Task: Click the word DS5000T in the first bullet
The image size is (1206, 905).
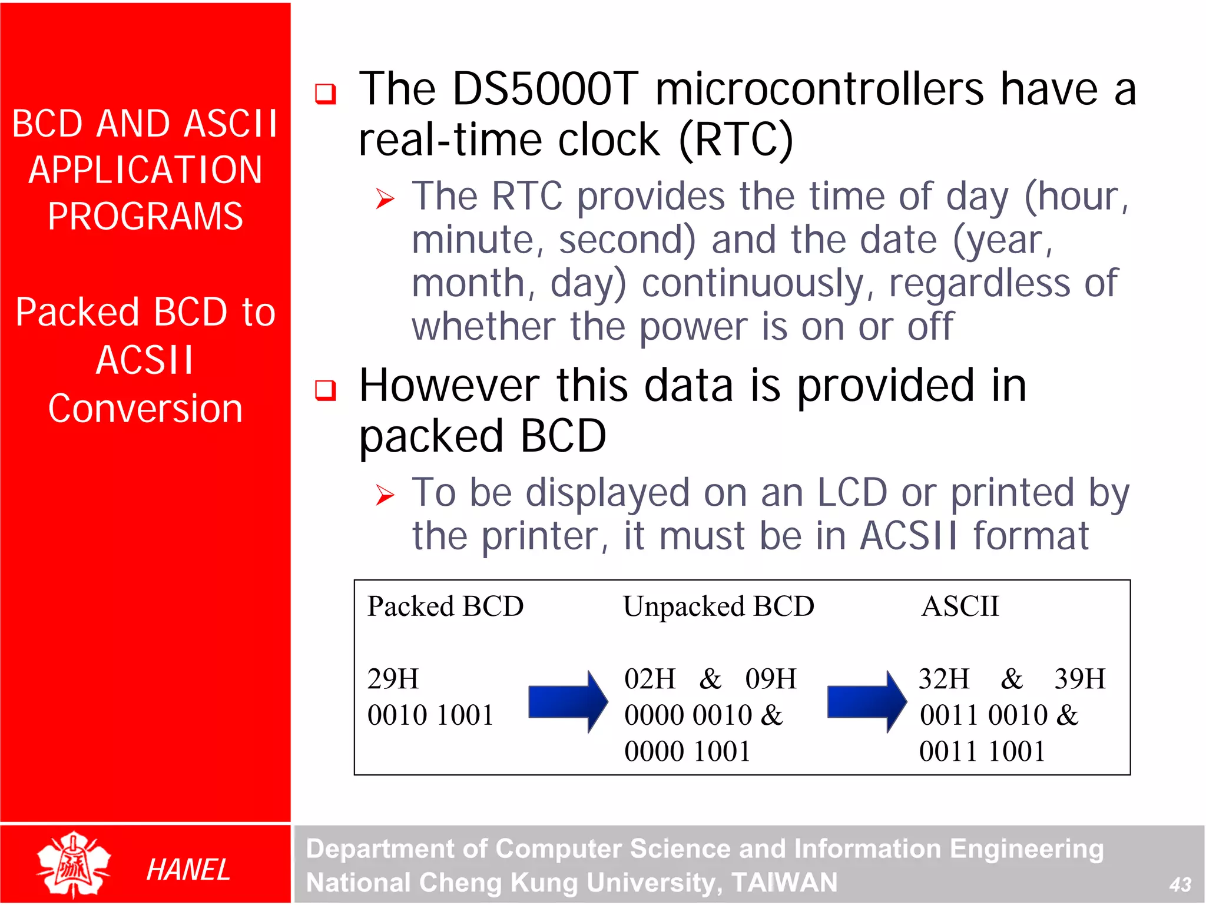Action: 545,89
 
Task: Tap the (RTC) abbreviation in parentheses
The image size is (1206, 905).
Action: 735,140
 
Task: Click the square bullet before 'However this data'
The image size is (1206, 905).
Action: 325,390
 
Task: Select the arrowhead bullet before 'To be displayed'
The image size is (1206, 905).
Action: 385,495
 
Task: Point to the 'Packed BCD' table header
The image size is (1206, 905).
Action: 445,606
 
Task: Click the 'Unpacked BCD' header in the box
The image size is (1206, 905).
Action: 718,606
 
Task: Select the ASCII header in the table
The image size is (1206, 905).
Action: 960,606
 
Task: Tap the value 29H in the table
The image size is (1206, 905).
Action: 393,679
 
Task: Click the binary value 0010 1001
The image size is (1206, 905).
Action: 430,715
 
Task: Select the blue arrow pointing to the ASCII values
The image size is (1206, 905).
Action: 866,701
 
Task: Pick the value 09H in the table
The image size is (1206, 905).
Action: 770,679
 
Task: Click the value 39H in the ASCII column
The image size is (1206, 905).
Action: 1079,679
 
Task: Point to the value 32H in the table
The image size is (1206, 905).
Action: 944,679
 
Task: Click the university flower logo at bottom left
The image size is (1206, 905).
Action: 74,864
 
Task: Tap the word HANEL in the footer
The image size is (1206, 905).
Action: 188,870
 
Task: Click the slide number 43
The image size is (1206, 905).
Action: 1180,884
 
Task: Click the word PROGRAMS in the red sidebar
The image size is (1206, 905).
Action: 145,216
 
